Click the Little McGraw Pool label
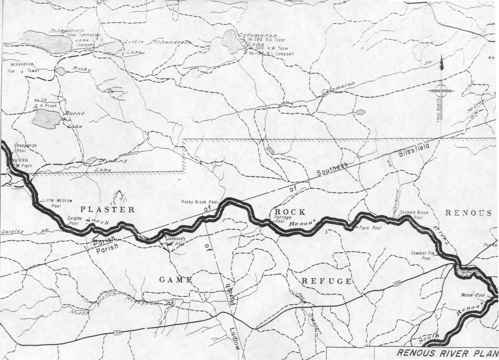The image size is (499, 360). pyautogui.click(x=52, y=202)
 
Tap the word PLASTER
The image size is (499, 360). pyautogui.click(x=107, y=210)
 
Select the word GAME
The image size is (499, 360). pyautogui.click(x=176, y=280)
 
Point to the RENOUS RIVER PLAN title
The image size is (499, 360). pyautogui.click(x=447, y=353)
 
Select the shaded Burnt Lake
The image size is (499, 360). pyautogui.click(x=47, y=117)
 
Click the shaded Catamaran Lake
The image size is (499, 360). pyautogui.click(x=232, y=42)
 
